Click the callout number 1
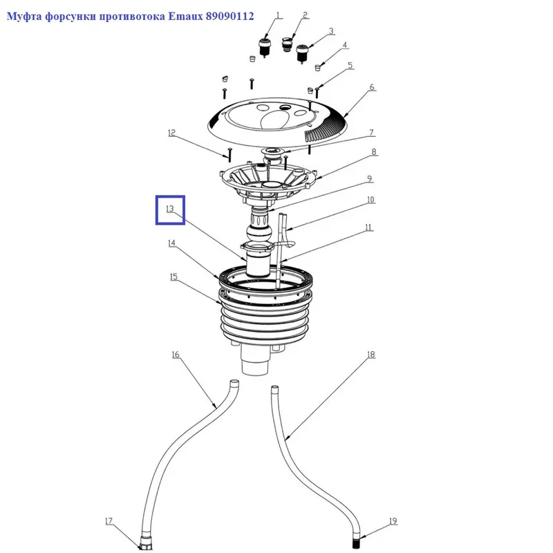[x=279, y=15]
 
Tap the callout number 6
[x=372, y=87]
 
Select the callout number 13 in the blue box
[x=170, y=209]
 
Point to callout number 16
[x=176, y=355]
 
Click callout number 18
[x=371, y=355]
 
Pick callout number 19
[x=393, y=521]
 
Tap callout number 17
[x=109, y=521]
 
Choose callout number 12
[x=171, y=133]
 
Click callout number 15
[x=174, y=277]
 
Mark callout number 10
[x=371, y=200]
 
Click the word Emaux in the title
[x=185, y=16]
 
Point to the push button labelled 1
[x=264, y=48]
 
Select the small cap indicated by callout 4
[x=317, y=66]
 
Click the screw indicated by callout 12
[x=229, y=154]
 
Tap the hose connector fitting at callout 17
[x=145, y=543]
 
